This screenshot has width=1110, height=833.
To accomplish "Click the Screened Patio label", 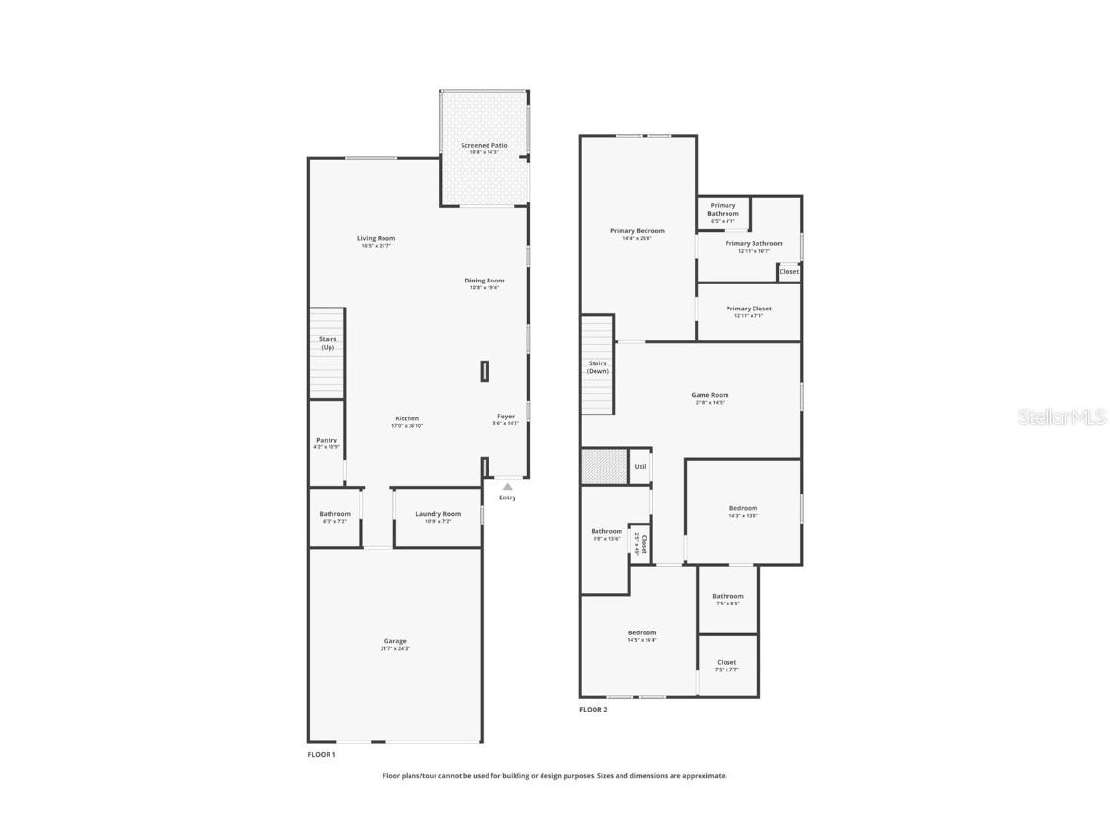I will [x=484, y=146].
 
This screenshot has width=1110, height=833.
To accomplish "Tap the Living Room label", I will [x=376, y=239].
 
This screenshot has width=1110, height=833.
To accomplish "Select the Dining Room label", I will [x=485, y=282].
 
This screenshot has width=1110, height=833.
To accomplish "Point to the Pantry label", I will [x=327, y=441].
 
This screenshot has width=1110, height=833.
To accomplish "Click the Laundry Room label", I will [x=438, y=514].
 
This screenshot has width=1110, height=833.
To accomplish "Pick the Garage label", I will [x=395, y=642].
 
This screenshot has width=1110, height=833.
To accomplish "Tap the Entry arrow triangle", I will [x=508, y=487].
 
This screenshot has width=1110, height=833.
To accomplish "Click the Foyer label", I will [x=506, y=417].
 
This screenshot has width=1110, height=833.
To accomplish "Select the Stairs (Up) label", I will [x=329, y=343].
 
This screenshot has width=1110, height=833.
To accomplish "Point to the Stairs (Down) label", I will [x=597, y=367].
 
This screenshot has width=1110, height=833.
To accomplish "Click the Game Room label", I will [x=710, y=395].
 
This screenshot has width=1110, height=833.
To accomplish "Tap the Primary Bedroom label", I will [x=637, y=231].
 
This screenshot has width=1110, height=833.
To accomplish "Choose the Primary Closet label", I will [x=749, y=309].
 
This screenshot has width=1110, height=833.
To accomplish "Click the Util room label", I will [x=640, y=467].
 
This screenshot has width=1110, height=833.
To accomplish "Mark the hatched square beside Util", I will [x=604, y=467].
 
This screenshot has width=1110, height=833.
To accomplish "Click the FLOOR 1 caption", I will [x=322, y=755].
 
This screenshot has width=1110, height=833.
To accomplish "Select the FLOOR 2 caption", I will [x=594, y=710].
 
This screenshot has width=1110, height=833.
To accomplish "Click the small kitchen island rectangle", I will [x=484, y=371].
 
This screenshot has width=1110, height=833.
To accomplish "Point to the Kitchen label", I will [x=407, y=419].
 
